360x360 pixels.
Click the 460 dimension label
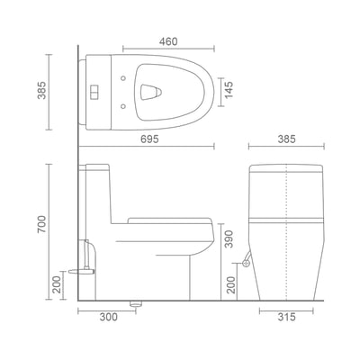pyautogui.click(x=168, y=41)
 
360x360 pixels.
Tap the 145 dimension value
pyautogui.click(x=229, y=90)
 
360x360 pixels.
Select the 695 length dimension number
pyautogui.click(x=149, y=139)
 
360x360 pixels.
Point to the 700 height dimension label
pyautogui.click(x=41, y=224)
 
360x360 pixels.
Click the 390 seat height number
pyautogui.click(x=229, y=239)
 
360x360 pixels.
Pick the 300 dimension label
pyautogui.click(x=109, y=317)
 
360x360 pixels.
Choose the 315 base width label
pyautogui.click(x=286, y=317)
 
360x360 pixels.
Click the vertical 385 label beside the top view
pyautogui.click(x=41, y=90)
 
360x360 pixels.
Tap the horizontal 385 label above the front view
pyautogui.click(x=286, y=139)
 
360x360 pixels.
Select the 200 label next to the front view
pyautogui.click(x=231, y=284)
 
